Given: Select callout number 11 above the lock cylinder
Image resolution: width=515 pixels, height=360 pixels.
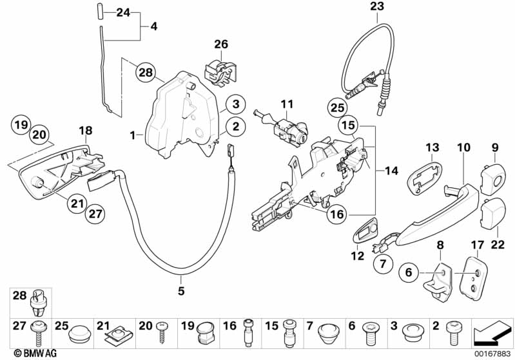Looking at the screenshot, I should [286, 104].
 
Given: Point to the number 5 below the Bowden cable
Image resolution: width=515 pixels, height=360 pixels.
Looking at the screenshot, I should [181, 291].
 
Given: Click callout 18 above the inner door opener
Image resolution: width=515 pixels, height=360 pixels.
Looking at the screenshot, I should [86, 131].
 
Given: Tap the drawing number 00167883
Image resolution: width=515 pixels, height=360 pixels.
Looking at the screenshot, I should [491, 353].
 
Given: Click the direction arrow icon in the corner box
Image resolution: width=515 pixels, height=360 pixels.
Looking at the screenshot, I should [492, 334].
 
